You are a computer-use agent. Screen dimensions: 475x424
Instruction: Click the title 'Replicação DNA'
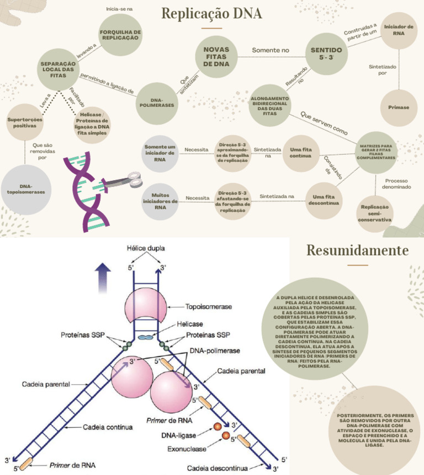(211, 13)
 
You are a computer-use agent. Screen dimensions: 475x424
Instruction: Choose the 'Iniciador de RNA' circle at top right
(398, 30)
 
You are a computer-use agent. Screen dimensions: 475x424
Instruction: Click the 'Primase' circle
(398, 107)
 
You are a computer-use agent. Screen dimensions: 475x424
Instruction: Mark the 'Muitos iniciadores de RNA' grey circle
(160, 201)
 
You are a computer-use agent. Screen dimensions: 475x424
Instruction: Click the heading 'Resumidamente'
(357, 251)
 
